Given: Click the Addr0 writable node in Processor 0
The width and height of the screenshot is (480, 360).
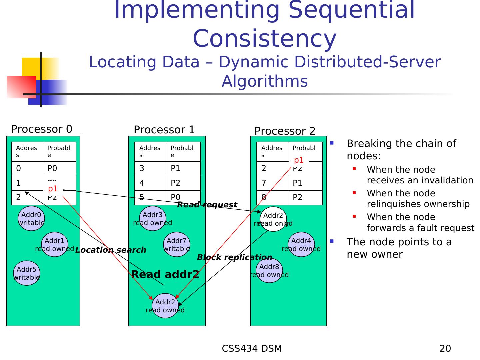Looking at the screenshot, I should pos(31,219).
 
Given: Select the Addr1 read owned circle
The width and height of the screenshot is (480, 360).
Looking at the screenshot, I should pos(54,245).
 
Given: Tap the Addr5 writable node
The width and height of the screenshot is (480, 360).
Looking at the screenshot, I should pos(26,273).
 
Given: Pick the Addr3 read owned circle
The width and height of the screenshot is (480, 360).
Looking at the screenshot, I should pos(152,219).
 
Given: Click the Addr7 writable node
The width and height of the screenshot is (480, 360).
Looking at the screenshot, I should pos(177,245).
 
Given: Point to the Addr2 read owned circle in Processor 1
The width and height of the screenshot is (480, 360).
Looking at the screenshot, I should pos(165,306).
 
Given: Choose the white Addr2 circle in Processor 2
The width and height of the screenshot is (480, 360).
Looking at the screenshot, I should pos(273,219).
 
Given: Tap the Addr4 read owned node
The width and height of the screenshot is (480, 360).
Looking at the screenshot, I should pos(301,245).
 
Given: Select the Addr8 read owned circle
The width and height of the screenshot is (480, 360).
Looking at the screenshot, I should pos(269,270).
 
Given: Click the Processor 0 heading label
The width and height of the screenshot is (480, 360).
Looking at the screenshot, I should pos(42,129).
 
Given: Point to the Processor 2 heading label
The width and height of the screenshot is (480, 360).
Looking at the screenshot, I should pos(285,131).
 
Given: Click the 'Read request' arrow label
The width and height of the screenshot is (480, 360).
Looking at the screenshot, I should pos(207,205).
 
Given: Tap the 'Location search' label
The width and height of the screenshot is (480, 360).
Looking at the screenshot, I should pos(110,250).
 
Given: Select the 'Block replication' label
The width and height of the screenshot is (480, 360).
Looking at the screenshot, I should pos(234,257).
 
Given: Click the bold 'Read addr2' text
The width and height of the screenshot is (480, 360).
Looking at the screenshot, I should pos(165,274).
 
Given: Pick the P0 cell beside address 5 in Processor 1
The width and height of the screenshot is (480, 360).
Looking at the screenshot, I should pos(176,197).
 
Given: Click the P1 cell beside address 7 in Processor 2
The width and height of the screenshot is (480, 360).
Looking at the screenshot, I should pos(297,183).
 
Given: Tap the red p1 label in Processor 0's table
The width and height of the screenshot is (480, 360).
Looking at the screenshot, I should pos(53,189).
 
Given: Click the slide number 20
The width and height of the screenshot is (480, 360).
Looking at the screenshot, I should pos(445,348).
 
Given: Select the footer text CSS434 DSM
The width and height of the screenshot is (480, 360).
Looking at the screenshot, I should pos(252,348).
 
